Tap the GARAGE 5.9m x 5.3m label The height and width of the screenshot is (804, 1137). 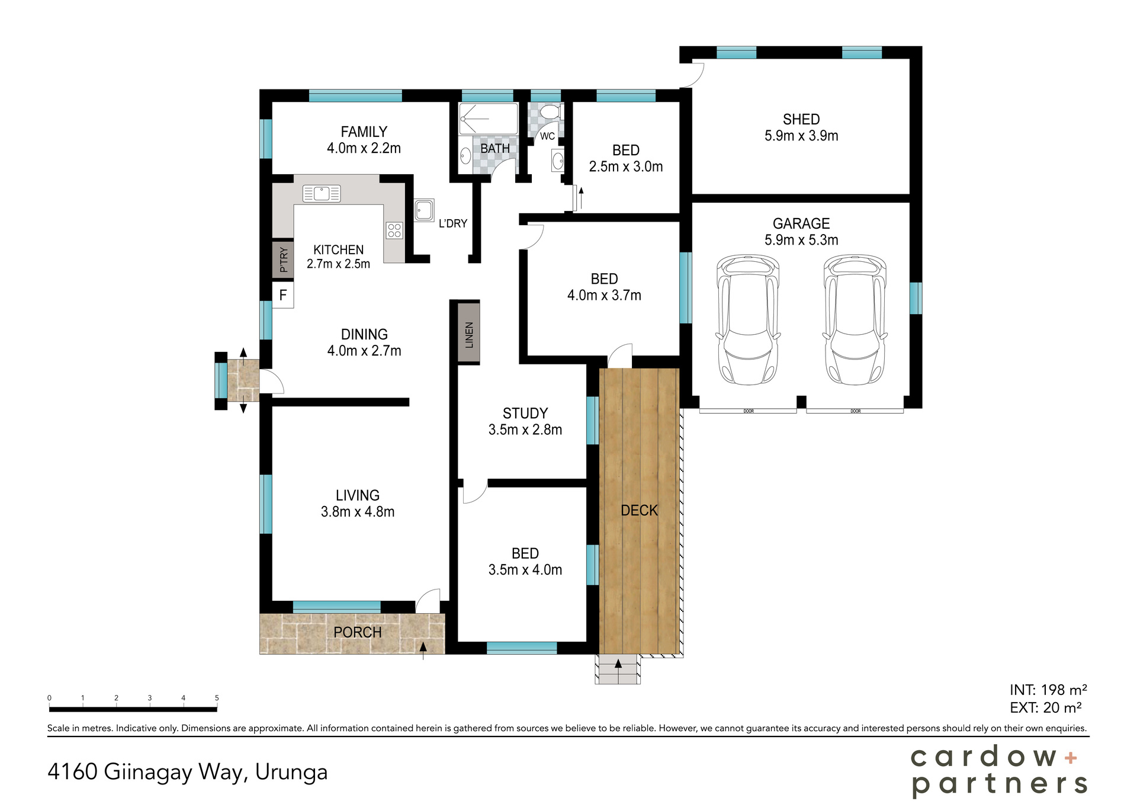801,232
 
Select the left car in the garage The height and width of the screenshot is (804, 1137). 748,320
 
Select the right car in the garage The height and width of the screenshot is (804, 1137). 855,320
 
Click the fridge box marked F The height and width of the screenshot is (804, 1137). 283,295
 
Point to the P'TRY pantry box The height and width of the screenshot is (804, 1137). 283,260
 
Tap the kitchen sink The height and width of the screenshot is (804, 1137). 322,193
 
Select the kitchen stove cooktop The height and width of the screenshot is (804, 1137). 394,230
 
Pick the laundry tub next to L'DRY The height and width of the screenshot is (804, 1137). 424,210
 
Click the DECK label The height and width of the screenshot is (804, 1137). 639,510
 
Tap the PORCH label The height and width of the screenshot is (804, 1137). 357,632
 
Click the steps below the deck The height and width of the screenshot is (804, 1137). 618,670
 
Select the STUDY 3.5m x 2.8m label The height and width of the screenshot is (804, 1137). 525,421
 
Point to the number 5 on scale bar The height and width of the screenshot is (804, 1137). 217,698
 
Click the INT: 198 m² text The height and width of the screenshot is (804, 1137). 1048,690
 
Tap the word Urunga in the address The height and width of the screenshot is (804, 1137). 291,772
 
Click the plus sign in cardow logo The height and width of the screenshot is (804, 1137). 1071,757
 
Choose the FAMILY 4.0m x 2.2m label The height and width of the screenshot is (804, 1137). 364,140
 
